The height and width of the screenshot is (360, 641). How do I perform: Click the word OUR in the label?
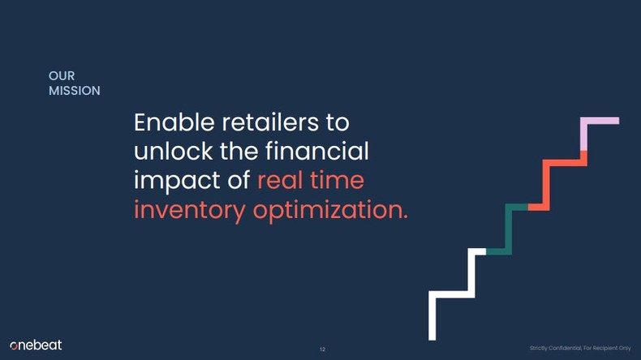62,76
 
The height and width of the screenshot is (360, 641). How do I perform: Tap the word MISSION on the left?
75,91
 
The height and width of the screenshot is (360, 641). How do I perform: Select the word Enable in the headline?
172,123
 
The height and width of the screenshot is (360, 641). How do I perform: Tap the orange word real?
283,180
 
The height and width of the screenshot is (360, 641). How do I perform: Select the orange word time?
339,180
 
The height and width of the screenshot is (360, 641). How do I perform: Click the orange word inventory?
189,209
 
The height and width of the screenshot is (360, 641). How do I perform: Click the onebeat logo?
36,346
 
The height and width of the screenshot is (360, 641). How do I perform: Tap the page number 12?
322,349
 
